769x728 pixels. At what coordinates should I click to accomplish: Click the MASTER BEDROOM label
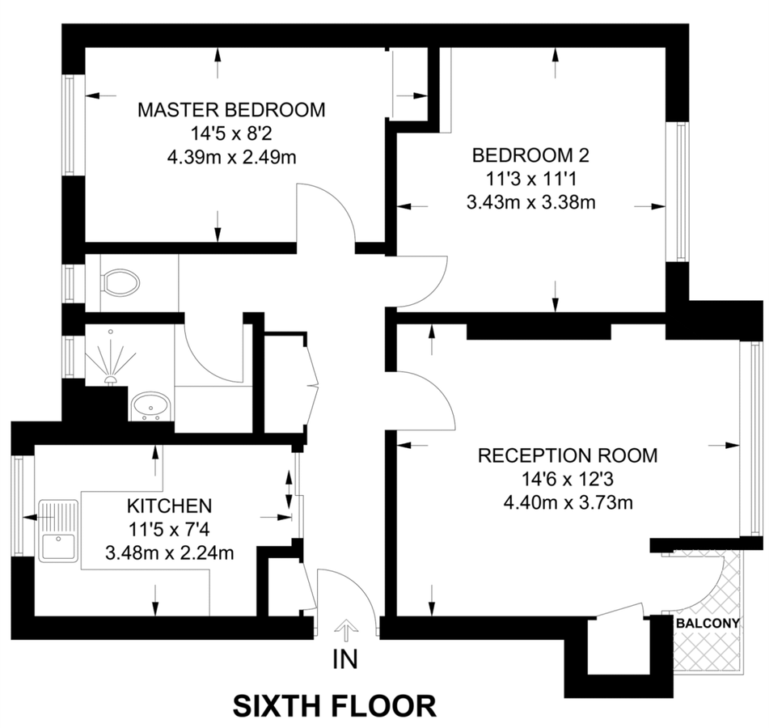pyautogui.click(x=231, y=110)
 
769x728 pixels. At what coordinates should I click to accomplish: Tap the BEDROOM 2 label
pyautogui.click(x=530, y=154)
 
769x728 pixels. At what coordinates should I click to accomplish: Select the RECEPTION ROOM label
pyautogui.click(x=568, y=455)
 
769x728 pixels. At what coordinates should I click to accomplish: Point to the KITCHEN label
pyautogui.click(x=170, y=506)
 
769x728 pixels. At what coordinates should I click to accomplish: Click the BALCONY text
pyautogui.click(x=708, y=623)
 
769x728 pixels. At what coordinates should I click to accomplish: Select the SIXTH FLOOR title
pyautogui.click(x=335, y=705)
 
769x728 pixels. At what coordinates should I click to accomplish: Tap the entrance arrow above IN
pyautogui.click(x=346, y=629)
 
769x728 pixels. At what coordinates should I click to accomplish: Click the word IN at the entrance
pyautogui.click(x=345, y=660)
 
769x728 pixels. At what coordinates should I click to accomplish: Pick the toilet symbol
pyautogui.click(x=119, y=282)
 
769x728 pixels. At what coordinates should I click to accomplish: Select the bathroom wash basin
pyautogui.click(x=150, y=404)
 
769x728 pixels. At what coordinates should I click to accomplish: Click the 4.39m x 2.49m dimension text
pyautogui.click(x=231, y=157)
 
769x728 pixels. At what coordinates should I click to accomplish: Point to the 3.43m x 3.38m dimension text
pyautogui.click(x=530, y=202)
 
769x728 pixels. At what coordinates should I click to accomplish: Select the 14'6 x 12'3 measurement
pyautogui.click(x=568, y=479)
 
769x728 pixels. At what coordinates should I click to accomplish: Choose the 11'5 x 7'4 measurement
pyautogui.click(x=170, y=530)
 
